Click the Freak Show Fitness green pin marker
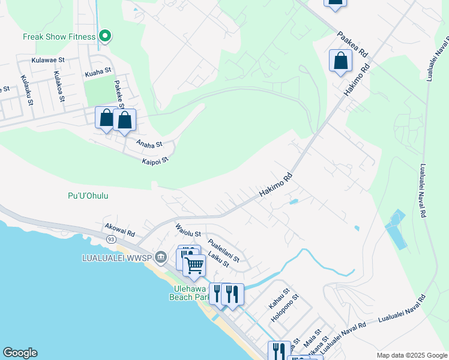tap(105, 37)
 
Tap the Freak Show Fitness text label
tap(59, 37)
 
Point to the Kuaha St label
tap(98, 73)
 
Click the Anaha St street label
tap(149, 144)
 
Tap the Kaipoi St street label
tap(155, 161)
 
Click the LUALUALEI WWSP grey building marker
tap(160, 257)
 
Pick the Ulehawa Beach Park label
tap(188, 292)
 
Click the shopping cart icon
tap(194, 264)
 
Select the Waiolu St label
tap(188, 230)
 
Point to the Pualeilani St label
tap(223, 250)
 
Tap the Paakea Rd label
tap(352, 45)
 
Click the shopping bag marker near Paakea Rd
tap(340, 61)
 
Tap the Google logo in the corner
tap(20, 353)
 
